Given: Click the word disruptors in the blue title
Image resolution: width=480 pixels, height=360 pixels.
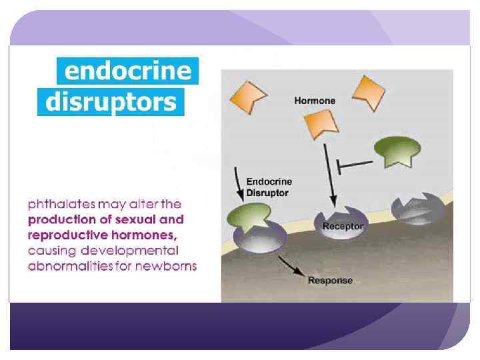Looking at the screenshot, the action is click(111, 102).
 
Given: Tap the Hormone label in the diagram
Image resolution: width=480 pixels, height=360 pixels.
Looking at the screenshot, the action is click(315, 101).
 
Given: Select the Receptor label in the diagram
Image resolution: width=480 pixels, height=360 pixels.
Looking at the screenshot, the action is click(343, 226).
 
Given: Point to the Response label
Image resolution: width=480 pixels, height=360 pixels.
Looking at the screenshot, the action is click(330, 280).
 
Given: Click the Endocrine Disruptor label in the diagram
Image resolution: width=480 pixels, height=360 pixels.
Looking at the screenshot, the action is click(269, 187).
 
